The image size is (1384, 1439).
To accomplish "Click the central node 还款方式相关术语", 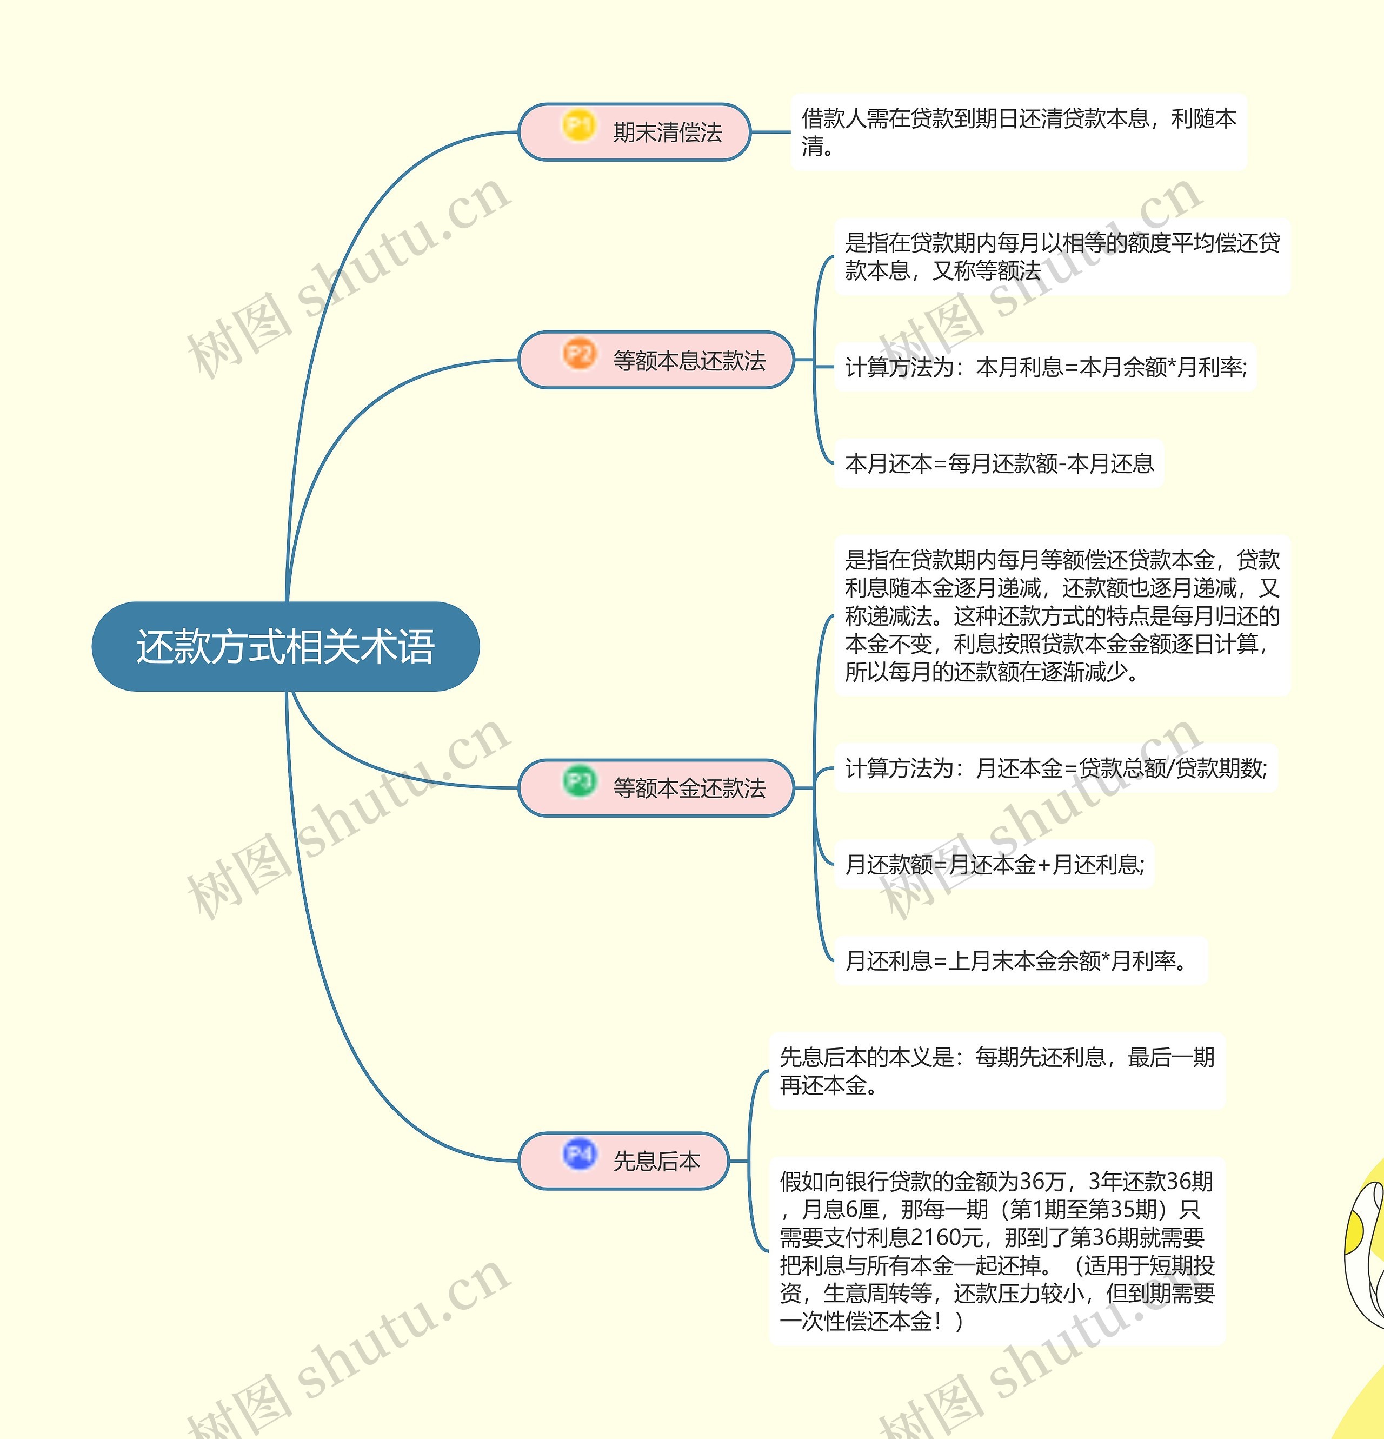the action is pos(285,647).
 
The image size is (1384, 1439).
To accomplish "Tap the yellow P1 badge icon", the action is pos(578,125).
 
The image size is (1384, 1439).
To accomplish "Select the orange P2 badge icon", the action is pos(578,354).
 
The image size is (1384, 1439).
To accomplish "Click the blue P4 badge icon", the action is pos(578,1154).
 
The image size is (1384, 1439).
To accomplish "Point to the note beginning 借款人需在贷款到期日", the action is pos(1019,132).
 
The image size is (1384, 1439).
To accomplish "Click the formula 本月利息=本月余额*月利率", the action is pos(1111,367).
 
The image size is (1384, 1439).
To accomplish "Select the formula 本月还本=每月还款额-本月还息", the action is pos(1000,463).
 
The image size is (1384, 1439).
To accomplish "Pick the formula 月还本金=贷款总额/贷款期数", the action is pos(1121,768).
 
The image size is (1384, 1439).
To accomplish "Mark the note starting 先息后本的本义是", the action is pos(996,1070).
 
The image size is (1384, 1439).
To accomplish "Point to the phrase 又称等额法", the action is pos(986,271).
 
